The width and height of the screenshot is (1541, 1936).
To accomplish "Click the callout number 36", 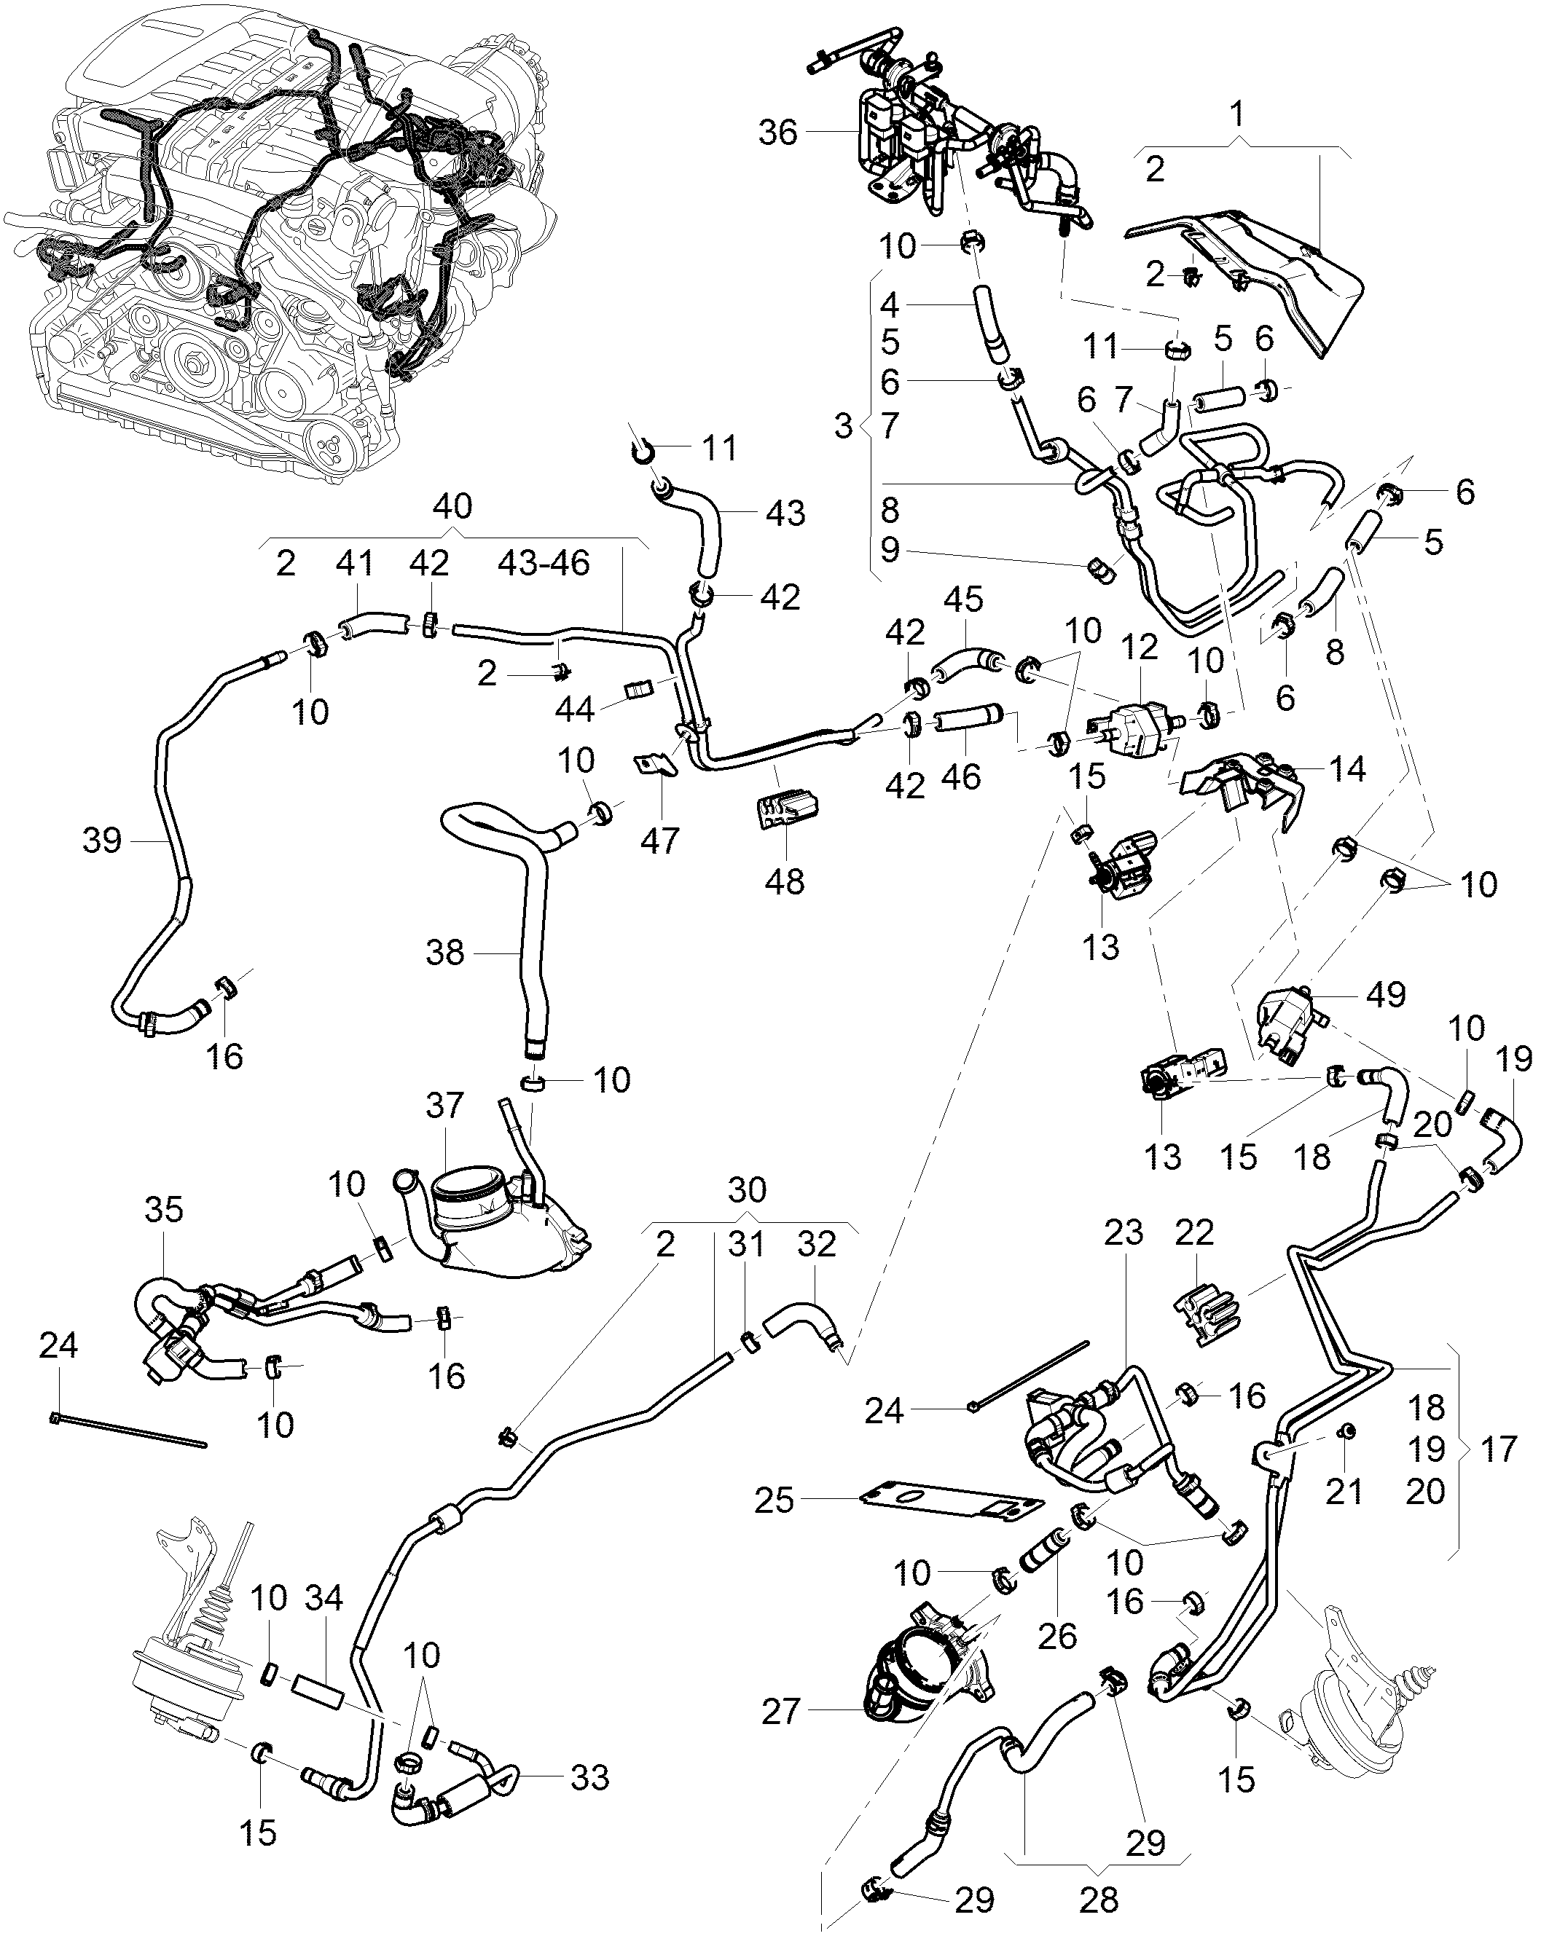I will [x=777, y=133].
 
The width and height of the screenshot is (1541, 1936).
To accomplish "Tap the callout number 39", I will [x=101, y=841].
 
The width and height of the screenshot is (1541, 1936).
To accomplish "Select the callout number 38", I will [x=445, y=953].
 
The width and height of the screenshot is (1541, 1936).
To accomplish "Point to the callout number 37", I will [x=444, y=1106].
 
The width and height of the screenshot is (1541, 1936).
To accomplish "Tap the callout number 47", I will [x=660, y=841].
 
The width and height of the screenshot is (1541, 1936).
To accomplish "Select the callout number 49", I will [x=1385, y=994].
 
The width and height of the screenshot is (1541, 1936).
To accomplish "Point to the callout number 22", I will [x=1194, y=1231].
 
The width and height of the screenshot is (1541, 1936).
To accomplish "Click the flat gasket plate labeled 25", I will [x=952, y=1500].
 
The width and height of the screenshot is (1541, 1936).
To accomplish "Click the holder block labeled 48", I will [x=784, y=811].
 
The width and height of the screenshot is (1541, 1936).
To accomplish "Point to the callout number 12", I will [x=1140, y=647].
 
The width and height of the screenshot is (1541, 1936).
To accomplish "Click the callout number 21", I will [x=1344, y=1492].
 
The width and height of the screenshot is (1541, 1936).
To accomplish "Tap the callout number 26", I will [x=1057, y=1635].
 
